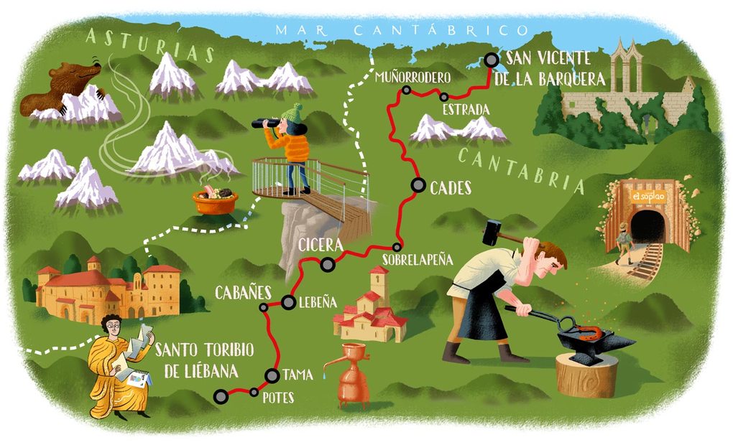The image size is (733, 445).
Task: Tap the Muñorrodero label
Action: [412, 77]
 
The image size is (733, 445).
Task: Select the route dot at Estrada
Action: [444, 96]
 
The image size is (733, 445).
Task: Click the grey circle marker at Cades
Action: [418, 185]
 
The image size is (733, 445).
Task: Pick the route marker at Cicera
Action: [328, 265]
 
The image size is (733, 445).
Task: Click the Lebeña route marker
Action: [288, 303]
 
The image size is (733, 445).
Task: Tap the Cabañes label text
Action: [243, 292]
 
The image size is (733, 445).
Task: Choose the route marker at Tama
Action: [272, 375]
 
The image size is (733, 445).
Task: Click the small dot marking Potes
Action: [253, 392]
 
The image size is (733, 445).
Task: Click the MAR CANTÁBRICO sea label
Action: [402, 29]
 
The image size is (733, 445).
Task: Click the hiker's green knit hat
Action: [292, 113]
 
